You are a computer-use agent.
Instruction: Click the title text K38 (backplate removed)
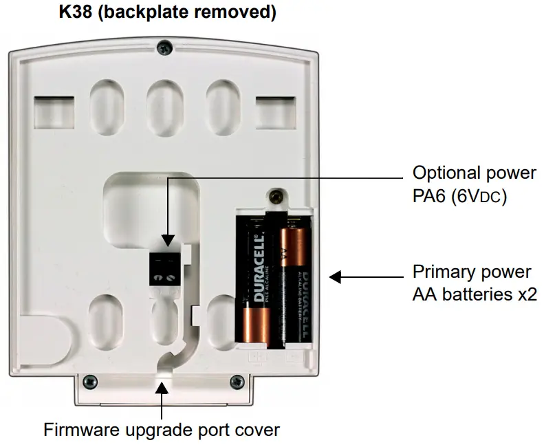coord(167,13)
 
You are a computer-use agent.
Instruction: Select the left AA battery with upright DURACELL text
coord(257,281)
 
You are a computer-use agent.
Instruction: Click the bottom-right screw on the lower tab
coord(237,381)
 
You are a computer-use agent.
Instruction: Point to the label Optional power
coord(474,172)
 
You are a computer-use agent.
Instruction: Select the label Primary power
coord(472,270)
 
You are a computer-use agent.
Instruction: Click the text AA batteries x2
coord(475,295)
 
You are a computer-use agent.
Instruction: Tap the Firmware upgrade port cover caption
coord(162,430)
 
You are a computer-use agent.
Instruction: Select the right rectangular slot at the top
coord(274,111)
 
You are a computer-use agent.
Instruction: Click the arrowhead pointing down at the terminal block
coord(167,240)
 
